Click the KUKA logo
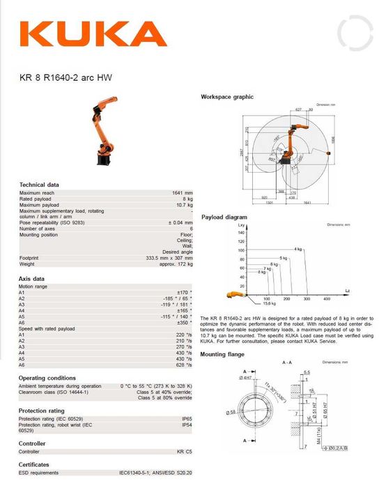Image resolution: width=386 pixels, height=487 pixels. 93,34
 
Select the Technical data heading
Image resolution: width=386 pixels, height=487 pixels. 39,185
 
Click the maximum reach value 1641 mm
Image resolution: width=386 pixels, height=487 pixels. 183,192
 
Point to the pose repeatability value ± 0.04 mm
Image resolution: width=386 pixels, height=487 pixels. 180,222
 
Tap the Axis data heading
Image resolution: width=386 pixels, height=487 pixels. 31,278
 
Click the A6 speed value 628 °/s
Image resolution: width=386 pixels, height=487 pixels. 184,364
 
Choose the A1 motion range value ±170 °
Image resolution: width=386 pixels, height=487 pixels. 185,291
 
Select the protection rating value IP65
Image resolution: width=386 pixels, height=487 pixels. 187,418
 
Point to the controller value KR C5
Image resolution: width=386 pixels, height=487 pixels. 185,451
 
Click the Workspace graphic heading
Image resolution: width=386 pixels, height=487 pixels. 227,96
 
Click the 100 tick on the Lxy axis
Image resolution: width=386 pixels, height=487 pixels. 241,249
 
